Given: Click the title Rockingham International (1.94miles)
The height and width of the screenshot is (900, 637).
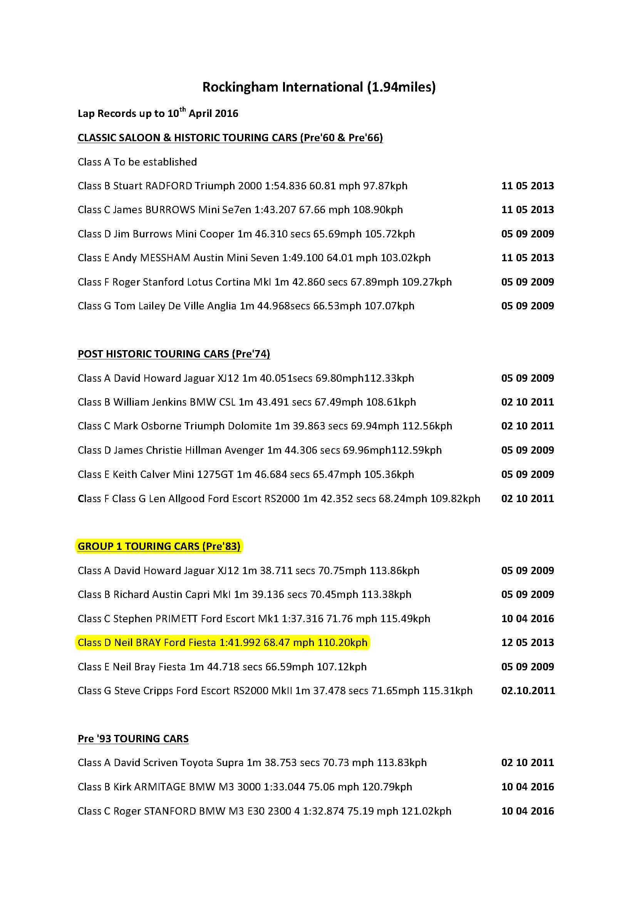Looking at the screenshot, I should click(318, 87).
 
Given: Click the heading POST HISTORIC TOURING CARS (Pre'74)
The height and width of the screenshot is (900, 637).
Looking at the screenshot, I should click(174, 354).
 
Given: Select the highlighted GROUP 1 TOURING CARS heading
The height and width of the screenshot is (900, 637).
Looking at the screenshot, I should click(159, 546).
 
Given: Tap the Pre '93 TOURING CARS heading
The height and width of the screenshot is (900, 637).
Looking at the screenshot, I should click(133, 739).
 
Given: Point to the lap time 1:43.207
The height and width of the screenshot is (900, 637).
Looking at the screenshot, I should click(275, 210).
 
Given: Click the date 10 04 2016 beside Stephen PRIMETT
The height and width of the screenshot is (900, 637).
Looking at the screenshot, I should click(527, 619).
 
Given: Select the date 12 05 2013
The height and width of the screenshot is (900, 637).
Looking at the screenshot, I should click(527, 643).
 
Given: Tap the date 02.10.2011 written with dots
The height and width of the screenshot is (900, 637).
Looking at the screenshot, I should click(528, 691).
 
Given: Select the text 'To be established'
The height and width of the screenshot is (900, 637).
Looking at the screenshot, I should click(155, 162).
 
